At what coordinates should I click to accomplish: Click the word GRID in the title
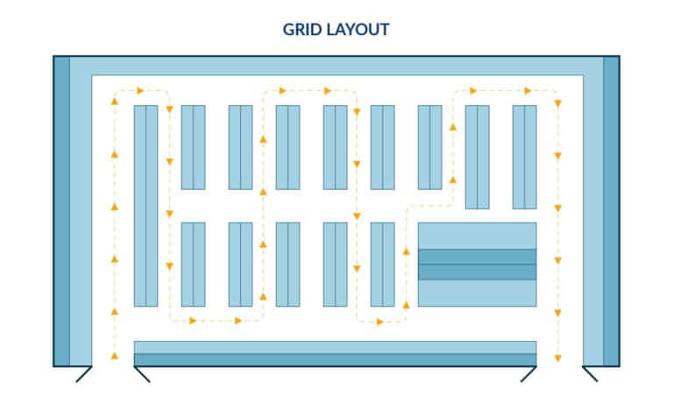(x=303, y=29)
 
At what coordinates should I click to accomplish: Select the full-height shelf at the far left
(x=145, y=205)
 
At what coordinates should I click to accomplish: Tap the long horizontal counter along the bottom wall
(x=335, y=352)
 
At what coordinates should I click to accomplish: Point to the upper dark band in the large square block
(x=477, y=257)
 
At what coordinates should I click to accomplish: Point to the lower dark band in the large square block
(x=477, y=272)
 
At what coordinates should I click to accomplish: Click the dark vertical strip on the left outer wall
(x=60, y=210)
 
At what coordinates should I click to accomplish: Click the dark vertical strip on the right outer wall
(x=611, y=210)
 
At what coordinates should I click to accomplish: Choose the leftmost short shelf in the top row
(x=193, y=147)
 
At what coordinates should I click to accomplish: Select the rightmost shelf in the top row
(x=524, y=157)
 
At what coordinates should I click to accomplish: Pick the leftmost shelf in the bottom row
(x=193, y=264)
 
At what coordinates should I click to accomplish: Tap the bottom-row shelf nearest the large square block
(x=382, y=264)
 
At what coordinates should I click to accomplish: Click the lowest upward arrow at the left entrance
(x=114, y=355)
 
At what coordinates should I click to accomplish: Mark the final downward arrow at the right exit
(x=557, y=358)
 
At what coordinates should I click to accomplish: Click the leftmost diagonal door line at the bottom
(x=84, y=374)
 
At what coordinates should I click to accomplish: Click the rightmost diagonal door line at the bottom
(x=590, y=374)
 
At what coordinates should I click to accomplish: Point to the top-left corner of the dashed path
(x=114, y=90)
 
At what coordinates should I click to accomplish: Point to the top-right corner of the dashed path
(x=557, y=91)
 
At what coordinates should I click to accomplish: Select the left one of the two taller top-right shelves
(x=477, y=157)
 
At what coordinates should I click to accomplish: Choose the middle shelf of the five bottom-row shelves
(x=287, y=264)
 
